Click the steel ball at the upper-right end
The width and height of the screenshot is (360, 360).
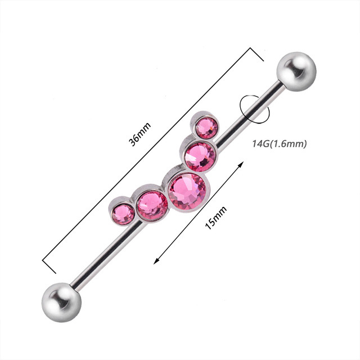tap(296, 71)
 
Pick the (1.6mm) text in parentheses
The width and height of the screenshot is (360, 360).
tap(290, 144)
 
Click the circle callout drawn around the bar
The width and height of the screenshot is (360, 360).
tap(254, 107)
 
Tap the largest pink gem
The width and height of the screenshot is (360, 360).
tap(186, 191)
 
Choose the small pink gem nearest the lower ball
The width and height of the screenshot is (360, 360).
tap(123, 214)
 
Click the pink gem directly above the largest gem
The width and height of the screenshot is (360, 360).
tap(200, 155)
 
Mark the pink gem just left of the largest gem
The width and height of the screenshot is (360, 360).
tap(151, 205)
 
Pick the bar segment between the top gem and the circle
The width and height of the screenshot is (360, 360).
tap(231, 129)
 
